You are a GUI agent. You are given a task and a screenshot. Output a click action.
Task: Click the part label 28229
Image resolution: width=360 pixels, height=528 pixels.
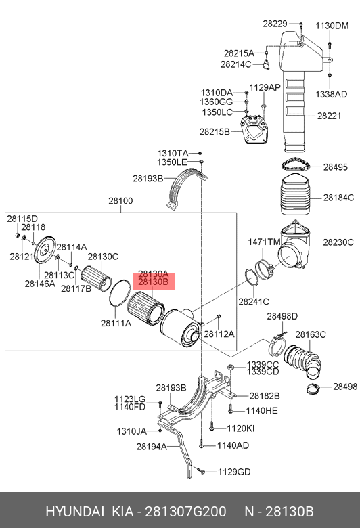point(275,24)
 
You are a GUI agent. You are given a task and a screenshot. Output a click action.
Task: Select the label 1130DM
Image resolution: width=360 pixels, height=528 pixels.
point(332,26)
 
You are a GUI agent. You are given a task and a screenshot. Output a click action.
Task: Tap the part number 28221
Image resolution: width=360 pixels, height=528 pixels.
point(329,116)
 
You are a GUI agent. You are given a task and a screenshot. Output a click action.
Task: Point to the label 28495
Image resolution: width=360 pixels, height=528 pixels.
point(336,167)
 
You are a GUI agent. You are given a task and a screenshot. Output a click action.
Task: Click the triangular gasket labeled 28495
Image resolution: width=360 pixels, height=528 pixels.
point(295,166)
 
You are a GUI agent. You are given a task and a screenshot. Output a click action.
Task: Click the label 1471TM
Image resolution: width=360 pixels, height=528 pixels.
point(265,242)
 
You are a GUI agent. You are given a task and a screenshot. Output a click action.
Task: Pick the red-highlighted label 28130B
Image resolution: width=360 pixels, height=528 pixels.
point(154,282)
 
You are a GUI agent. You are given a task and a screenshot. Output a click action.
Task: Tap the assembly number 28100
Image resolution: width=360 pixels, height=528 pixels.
point(120,201)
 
